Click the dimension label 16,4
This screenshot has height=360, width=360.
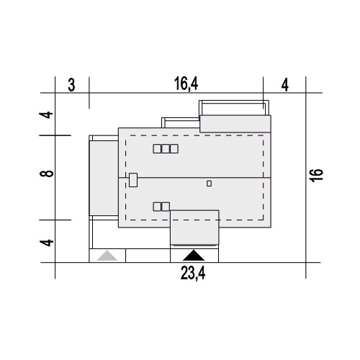pyautogui.click(x=186, y=84)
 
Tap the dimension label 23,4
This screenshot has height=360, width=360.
pyautogui.click(x=193, y=274)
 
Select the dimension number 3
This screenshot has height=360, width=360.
pyautogui.click(x=71, y=85)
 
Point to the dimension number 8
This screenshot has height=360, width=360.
pyautogui.click(x=47, y=174)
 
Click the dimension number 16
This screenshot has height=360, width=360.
pyautogui.click(x=316, y=176)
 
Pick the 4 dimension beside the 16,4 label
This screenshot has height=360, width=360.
pyautogui.click(x=285, y=85)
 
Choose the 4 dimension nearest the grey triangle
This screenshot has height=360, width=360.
pyautogui.click(x=47, y=243)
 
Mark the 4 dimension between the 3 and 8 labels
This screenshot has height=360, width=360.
pyautogui.click(x=46, y=114)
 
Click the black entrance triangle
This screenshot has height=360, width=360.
pyautogui.click(x=194, y=256)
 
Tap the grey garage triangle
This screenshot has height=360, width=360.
pyautogui.click(x=107, y=256)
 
